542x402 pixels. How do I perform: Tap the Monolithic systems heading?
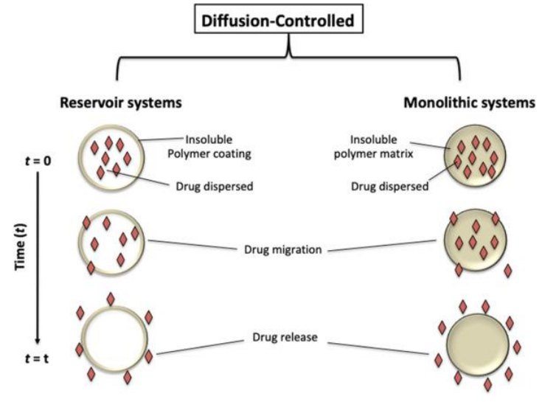[x=469, y=103]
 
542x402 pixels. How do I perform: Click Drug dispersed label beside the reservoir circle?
[x=217, y=186]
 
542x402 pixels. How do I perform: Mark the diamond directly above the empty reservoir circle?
[x=111, y=298]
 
